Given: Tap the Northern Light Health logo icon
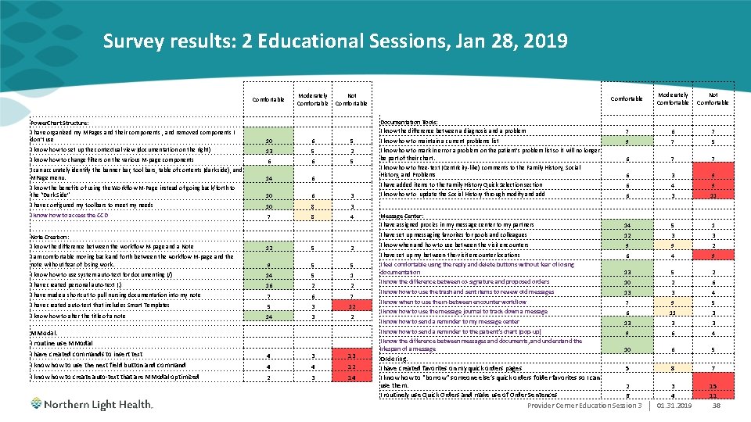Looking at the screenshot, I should pos(38,404).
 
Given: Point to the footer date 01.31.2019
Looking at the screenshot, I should pos(674,406).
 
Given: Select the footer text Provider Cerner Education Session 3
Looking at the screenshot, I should pos(584,406).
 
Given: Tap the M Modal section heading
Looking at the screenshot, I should pos(41,333).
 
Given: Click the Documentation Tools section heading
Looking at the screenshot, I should pos(408,122).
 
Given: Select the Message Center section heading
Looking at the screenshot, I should pos(402,216).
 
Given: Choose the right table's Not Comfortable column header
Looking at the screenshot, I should pos(713,98).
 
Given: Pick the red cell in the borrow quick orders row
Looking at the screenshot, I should pos(713,385).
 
